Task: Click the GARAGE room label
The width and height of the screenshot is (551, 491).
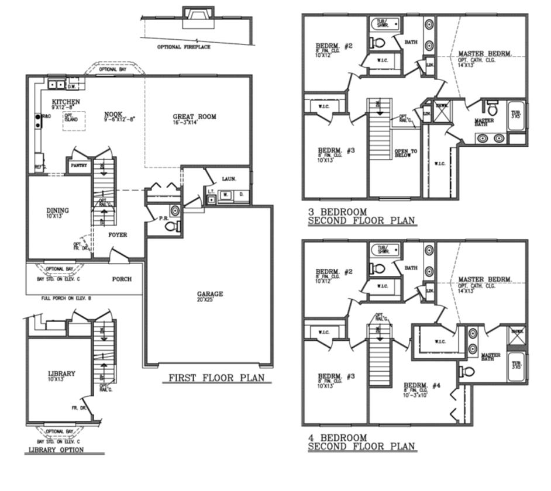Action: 209,294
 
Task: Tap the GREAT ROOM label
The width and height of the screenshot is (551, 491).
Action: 194,116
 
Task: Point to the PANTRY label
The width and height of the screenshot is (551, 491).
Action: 79,165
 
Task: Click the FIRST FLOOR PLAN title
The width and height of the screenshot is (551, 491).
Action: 216,378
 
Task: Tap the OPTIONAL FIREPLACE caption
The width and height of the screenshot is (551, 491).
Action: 184,47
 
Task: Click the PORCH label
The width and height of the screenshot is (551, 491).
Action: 122,279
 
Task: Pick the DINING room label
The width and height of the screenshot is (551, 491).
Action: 58,210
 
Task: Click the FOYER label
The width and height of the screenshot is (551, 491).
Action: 118,235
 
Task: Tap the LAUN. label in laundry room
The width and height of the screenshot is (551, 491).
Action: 229,179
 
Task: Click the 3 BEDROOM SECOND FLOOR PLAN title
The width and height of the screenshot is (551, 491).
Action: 361,216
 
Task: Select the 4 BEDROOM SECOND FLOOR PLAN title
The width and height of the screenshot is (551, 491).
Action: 361,442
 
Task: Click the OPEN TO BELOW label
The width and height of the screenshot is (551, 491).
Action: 405,153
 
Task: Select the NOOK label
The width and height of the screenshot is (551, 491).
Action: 113,115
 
